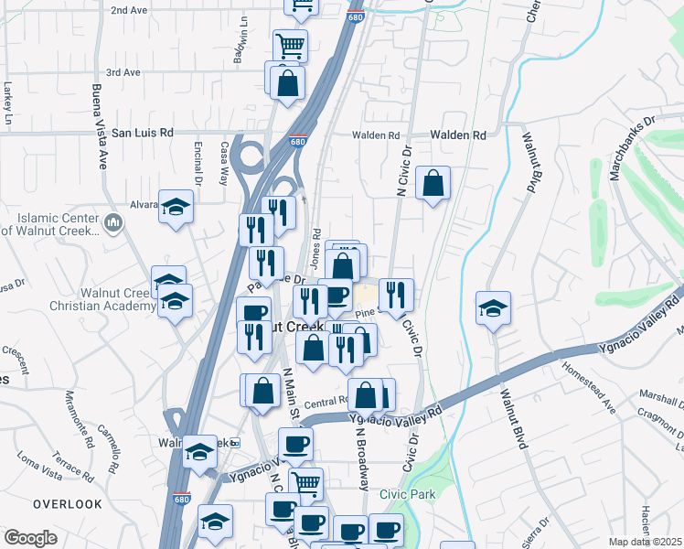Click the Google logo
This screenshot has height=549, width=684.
point(30,537)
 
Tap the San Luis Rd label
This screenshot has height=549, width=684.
point(143,133)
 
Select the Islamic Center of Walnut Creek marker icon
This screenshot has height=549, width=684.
point(113,222)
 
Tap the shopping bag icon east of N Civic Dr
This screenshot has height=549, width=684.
point(433,183)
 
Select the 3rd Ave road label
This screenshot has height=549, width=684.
point(123,72)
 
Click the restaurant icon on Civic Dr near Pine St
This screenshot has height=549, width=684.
point(396,295)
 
